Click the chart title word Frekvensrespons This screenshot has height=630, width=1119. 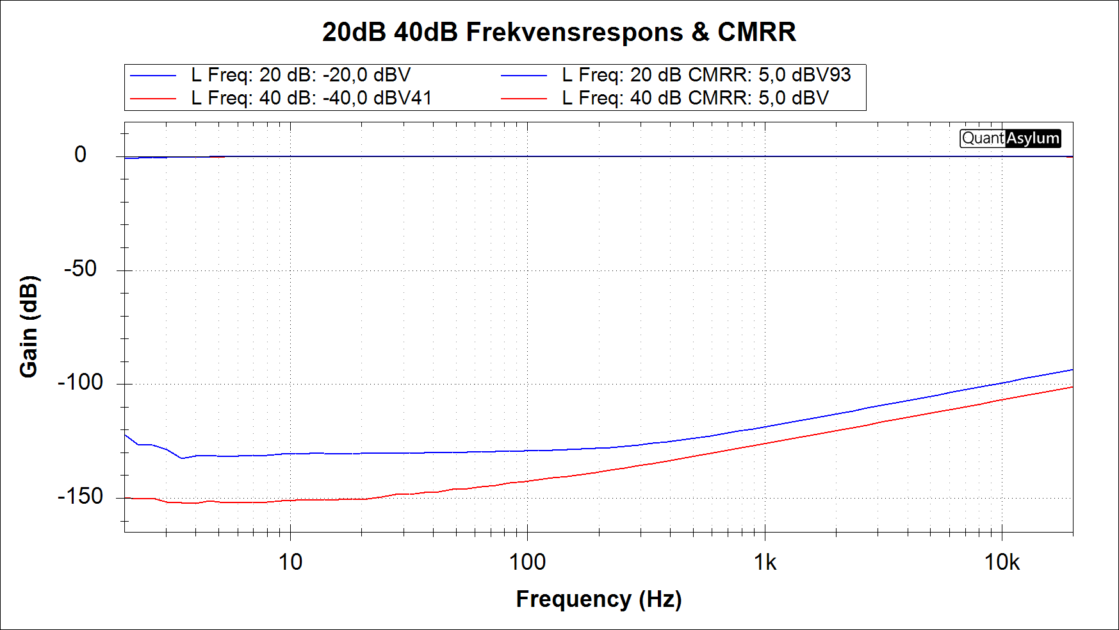click(x=574, y=32)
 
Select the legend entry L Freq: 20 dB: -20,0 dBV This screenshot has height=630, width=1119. click(x=300, y=75)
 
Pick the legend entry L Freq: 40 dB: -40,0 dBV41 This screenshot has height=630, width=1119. click(x=311, y=98)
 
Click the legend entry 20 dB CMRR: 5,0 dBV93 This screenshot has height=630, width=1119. click(x=707, y=75)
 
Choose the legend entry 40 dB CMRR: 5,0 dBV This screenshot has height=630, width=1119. click(x=696, y=98)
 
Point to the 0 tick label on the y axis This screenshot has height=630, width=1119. click(x=80, y=154)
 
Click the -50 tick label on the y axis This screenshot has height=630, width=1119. click(x=80, y=269)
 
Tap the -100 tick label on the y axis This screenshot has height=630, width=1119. click(x=80, y=383)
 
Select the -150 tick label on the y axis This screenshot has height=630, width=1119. click(x=80, y=496)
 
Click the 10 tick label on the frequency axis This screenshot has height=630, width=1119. click(x=290, y=562)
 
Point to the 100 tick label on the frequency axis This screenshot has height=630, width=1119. click(x=527, y=562)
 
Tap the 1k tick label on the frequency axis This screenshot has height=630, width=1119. click(x=765, y=562)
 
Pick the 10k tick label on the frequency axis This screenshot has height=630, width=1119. click(x=1002, y=562)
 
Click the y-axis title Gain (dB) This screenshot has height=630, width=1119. click(x=29, y=327)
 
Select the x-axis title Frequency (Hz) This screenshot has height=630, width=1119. click(x=599, y=599)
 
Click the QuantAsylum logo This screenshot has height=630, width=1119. click(x=1010, y=138)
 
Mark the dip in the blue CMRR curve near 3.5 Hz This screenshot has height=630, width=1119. click(x=182, y=458)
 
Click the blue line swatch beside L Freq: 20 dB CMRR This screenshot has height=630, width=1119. click(x=524, y=76)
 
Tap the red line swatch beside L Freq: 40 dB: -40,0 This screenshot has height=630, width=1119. click(x=153, y=99)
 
